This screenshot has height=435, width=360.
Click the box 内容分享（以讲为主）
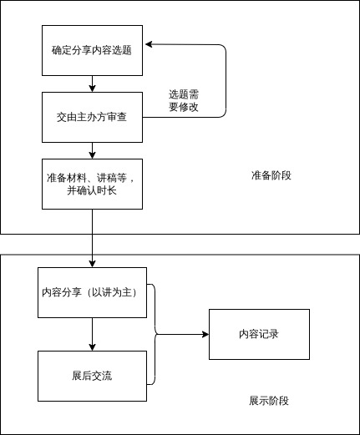click(x=92, y=292)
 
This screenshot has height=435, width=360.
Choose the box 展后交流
click(x=92, y=376)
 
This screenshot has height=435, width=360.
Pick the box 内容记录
click(x=258, y=334)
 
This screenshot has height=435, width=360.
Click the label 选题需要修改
click(x=184, y=101)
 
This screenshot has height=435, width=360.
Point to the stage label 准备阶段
click(x=271, y=175)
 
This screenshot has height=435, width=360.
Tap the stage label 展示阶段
click(x=269, y=401)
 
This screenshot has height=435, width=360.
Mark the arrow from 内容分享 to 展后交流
click(x=92, y=334)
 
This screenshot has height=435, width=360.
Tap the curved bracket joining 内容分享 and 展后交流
click(x=155, y=334)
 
